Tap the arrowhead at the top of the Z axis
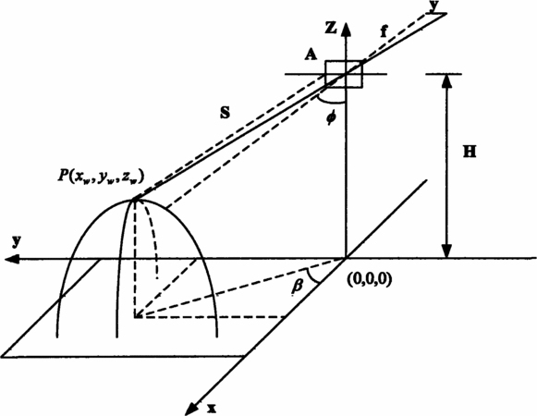tap(347, 30)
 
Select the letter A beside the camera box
tap(311, 55)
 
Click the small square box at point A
tap(344, 74)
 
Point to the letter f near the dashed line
tap(384, 31)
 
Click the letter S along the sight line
tap(225, 113)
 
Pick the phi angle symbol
tap(331, 118)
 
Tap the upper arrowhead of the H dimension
tap(447, 81)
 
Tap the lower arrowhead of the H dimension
tap(447, 251)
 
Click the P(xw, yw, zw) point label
tap(100, 177)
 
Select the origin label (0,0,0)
tap(369, 279)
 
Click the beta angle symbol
tap(297, 287)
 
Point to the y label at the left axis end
tap(16, 242)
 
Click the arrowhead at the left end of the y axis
tap(12, 259)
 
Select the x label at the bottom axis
tap(212, 408)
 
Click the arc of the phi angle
tap(331, 101)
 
